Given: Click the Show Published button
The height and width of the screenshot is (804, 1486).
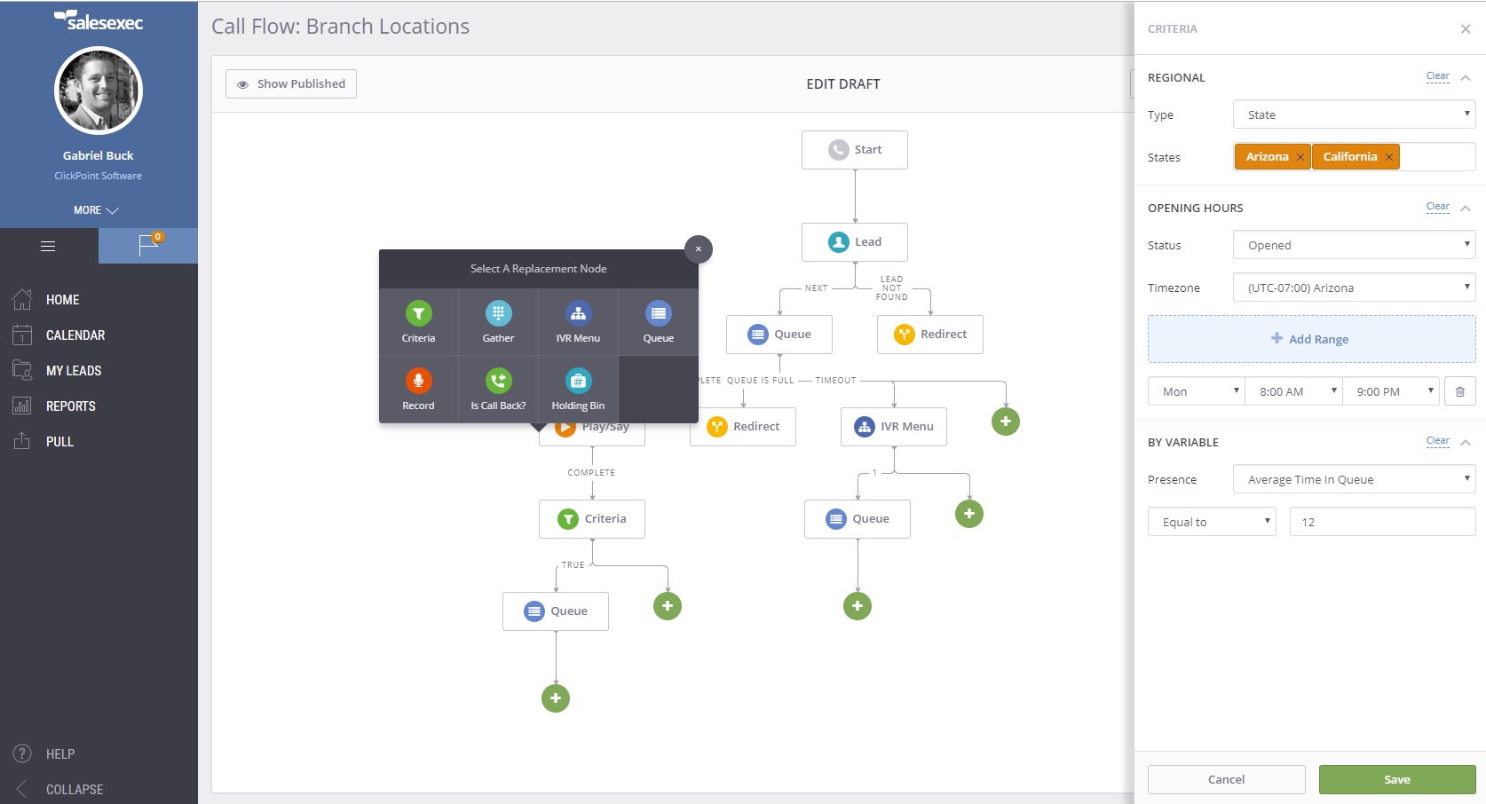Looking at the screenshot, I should coord(291,84).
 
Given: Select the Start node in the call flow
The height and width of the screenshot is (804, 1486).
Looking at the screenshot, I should coord(855,150).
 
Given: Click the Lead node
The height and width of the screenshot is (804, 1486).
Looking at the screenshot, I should coord(855,242).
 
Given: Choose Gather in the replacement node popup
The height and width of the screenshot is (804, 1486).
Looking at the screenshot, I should coord(498,322).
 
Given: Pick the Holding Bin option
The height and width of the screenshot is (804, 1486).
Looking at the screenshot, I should coord(578,390).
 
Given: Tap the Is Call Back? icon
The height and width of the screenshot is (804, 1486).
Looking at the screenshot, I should coord(498,382).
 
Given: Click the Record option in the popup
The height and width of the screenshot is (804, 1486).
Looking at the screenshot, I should coord(418,390).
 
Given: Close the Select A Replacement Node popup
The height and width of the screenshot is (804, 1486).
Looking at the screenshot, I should coord(699,249).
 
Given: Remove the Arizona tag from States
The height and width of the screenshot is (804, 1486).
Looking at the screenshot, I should coord(1300,157).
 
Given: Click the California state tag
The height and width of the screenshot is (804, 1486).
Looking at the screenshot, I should coord(1349,157).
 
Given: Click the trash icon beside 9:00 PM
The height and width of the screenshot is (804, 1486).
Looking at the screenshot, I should coord(1460,391).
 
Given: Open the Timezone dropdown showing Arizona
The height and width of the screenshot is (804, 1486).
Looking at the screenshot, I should coord(1354,288).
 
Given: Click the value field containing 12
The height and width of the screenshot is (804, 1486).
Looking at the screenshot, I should coord(1382,522).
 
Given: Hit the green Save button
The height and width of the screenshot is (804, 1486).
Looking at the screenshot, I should coord(1396,779).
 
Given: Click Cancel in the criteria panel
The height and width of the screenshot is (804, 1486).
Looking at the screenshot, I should coord(1226,779).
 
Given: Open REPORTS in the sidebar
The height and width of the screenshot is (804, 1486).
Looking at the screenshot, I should coord(70,406).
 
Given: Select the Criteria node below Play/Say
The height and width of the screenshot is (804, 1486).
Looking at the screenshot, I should coord(592,519).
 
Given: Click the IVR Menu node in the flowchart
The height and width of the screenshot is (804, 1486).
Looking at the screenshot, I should coord(894,427).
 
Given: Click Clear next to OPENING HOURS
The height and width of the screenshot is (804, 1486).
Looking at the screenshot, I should coord(1437,207).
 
